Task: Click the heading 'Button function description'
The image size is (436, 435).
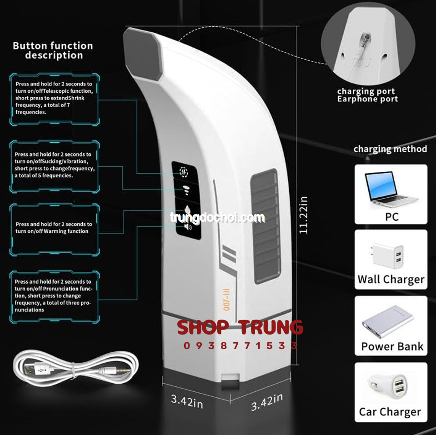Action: coord(53,50)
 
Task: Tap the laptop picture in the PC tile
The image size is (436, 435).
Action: coord(391,189)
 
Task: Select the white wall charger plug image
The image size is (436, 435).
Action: coord(387,256)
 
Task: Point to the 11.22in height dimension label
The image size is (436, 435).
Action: coord(303,215)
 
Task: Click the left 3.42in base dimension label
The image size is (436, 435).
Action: coord(187,401)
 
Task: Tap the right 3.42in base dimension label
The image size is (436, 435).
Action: coord(267,402)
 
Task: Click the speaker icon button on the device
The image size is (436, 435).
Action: coord(188,227)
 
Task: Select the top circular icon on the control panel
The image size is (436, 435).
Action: coord(184,172)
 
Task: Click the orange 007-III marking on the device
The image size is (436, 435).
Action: coord(226,300)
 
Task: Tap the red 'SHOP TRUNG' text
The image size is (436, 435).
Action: coord(240,327)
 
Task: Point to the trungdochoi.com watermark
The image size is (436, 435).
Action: coord(217,217)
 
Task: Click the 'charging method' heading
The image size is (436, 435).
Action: coord(390,149)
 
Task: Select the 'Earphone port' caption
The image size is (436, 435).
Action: coord(367,99)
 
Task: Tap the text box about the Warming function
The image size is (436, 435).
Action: coord(55,230)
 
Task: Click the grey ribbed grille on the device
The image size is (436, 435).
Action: coord(266,226)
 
